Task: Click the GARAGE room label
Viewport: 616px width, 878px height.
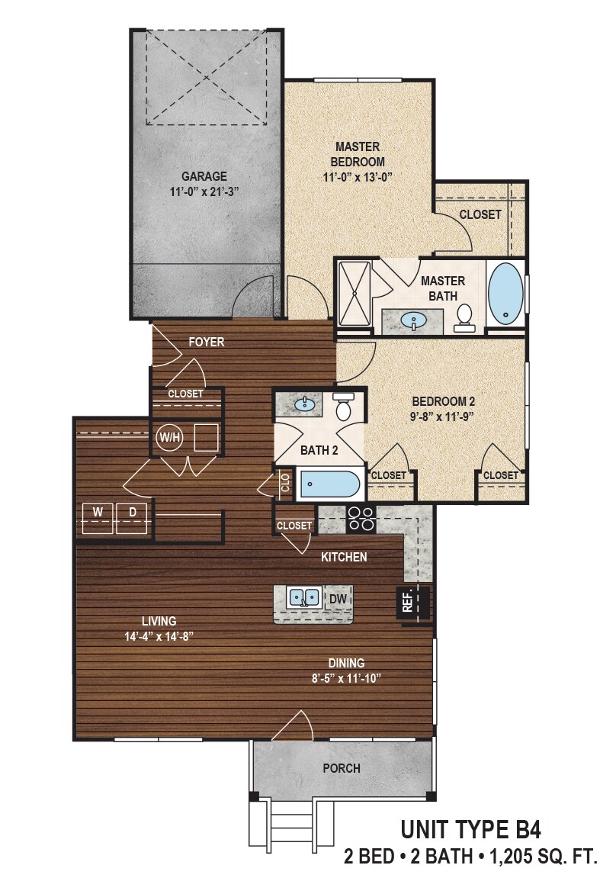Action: tap(204, 176)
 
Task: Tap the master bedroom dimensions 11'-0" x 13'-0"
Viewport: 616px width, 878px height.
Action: tap(358, 177)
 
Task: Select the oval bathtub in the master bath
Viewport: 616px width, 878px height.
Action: tap(505, 294)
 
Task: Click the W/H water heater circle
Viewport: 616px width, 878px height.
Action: tap(169, 438)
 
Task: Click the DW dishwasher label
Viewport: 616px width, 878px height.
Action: tap(337, 600)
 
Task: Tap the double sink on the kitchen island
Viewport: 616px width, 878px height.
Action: tap(305, 597)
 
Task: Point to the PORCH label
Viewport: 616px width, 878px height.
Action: tap(342, 768)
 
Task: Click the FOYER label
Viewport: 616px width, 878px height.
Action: tap(206, 342)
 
